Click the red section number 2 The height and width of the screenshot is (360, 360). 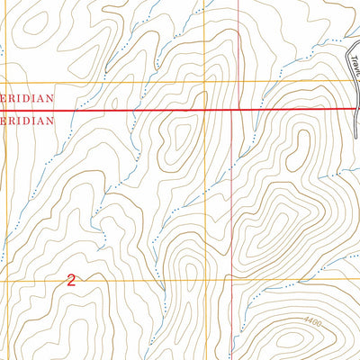coord(70,280)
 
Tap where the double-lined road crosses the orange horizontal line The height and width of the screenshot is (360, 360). coord(350,82)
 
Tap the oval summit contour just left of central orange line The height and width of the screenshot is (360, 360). coord(180,137)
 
